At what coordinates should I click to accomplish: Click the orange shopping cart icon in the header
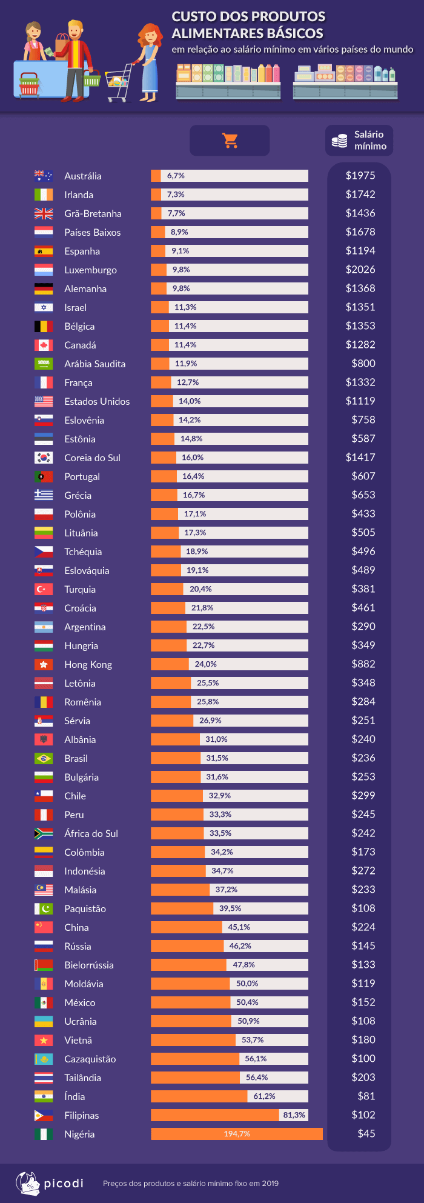tap(230, 141)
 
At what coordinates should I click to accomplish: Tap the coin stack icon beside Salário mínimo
tap(339, 141)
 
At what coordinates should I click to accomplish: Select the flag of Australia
tap(44, 176)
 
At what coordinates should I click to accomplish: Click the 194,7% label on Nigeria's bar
tap(237, 1134)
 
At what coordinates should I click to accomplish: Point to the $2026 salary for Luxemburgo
tap(360, 270)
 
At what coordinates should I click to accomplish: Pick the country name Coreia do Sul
tap(92, 458)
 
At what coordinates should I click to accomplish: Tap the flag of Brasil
tap(44, 758)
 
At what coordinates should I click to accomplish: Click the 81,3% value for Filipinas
tap(294, 1115)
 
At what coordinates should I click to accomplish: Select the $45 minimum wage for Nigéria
tap(366, 1133)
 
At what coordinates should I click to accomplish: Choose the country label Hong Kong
tap(88, 664)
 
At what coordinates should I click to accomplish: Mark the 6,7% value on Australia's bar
tap(176, 176)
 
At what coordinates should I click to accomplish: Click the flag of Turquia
tap(44, 589)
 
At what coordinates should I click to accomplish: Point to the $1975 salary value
tap(360, 176)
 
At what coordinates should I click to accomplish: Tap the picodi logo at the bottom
tap(50, 1182)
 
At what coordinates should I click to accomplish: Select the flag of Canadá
tap(44, 345)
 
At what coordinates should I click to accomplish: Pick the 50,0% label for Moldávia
tap(247, 984)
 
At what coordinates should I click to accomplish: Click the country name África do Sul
tap(91, 833)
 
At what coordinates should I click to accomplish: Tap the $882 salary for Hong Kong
tap(363, 664)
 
